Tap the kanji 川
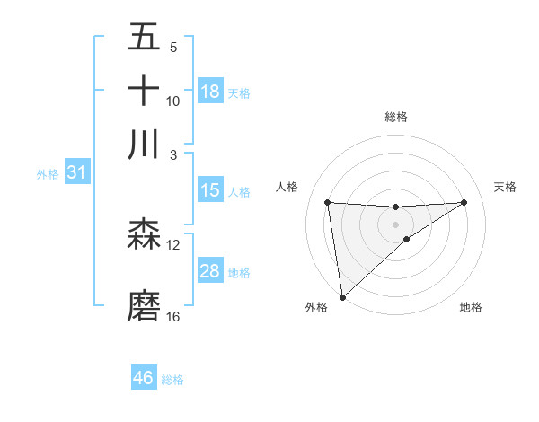(x=145, y=145)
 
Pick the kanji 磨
(x=145, y=305)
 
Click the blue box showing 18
(x=210, y=92)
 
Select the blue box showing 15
(x=210, y=190)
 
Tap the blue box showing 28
(x=210, y=271)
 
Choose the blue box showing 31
(x=76, y=172)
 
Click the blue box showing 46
(x=144, y=378)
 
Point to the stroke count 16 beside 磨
(x=173, y=317)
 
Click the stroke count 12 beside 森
(x=173, y=245)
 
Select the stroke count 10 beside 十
(x=173, y=101)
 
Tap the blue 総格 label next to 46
(x=172, y=380)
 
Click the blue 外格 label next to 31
(x=47, y=174)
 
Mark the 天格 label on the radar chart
(x=506, y=187)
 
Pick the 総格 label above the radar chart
(x=396, y=117)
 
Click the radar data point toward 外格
(x=342, y=297)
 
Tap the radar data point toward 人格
(x=328, y=202)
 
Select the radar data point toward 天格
(x=464, y=202)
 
